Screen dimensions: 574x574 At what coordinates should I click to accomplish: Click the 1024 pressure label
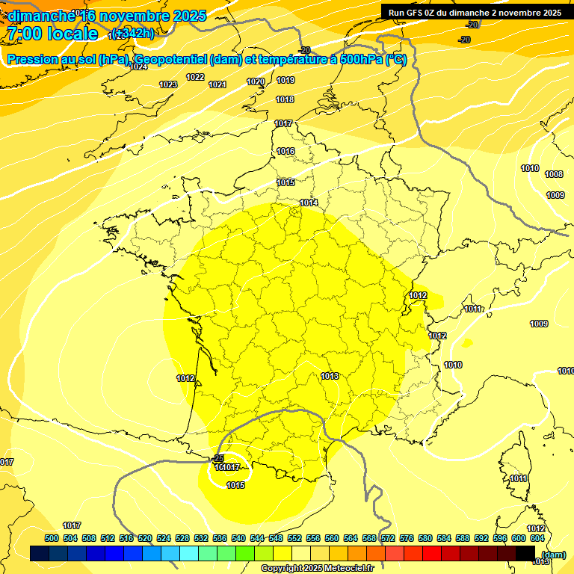pos(138,67)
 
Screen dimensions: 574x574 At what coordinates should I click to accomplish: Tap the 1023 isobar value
pos(168,84)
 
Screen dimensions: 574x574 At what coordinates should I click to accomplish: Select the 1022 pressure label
pos(195,77)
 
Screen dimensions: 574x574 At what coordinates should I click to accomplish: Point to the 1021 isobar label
pos(217,84)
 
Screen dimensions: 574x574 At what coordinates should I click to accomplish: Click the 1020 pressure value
pos(256,81)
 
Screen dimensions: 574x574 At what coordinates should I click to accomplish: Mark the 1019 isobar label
pos(286,80)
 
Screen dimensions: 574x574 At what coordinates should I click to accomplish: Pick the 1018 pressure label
pos(285,99)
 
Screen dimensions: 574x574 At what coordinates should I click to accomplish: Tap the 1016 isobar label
pos(286,151)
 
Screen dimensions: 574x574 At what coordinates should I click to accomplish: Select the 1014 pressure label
pos(309,203)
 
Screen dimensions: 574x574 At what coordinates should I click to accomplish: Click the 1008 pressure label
pos(554,174)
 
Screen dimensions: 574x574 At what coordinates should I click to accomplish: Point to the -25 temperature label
pos(218,458)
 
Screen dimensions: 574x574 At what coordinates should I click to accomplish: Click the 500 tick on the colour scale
pos(52,538)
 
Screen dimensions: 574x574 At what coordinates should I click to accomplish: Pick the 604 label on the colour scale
pos(537,538)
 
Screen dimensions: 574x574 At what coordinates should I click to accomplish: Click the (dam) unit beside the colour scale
pos(553,554)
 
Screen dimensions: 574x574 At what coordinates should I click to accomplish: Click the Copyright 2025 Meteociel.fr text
pos(317,568)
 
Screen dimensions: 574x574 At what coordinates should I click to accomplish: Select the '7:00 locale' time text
pos(52,34)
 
